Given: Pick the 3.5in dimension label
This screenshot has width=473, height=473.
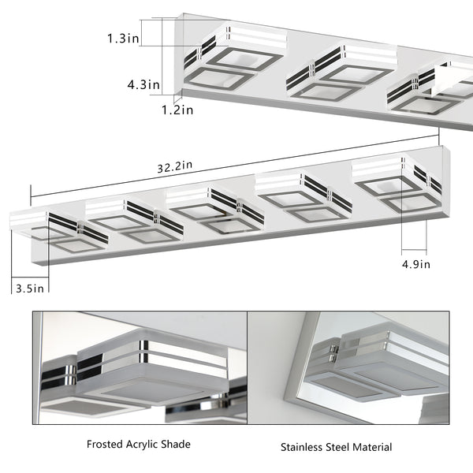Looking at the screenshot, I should pos(31,289).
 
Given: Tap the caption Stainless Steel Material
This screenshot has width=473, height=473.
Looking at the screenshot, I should pos(336,447).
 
